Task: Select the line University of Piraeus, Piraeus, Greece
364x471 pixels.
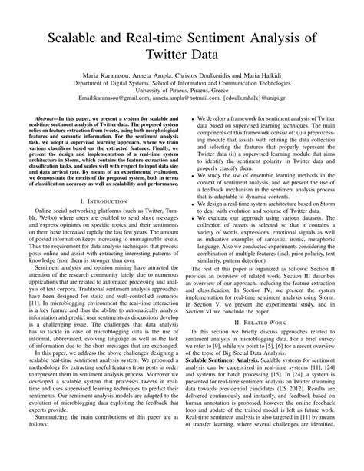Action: coord(182,91)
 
